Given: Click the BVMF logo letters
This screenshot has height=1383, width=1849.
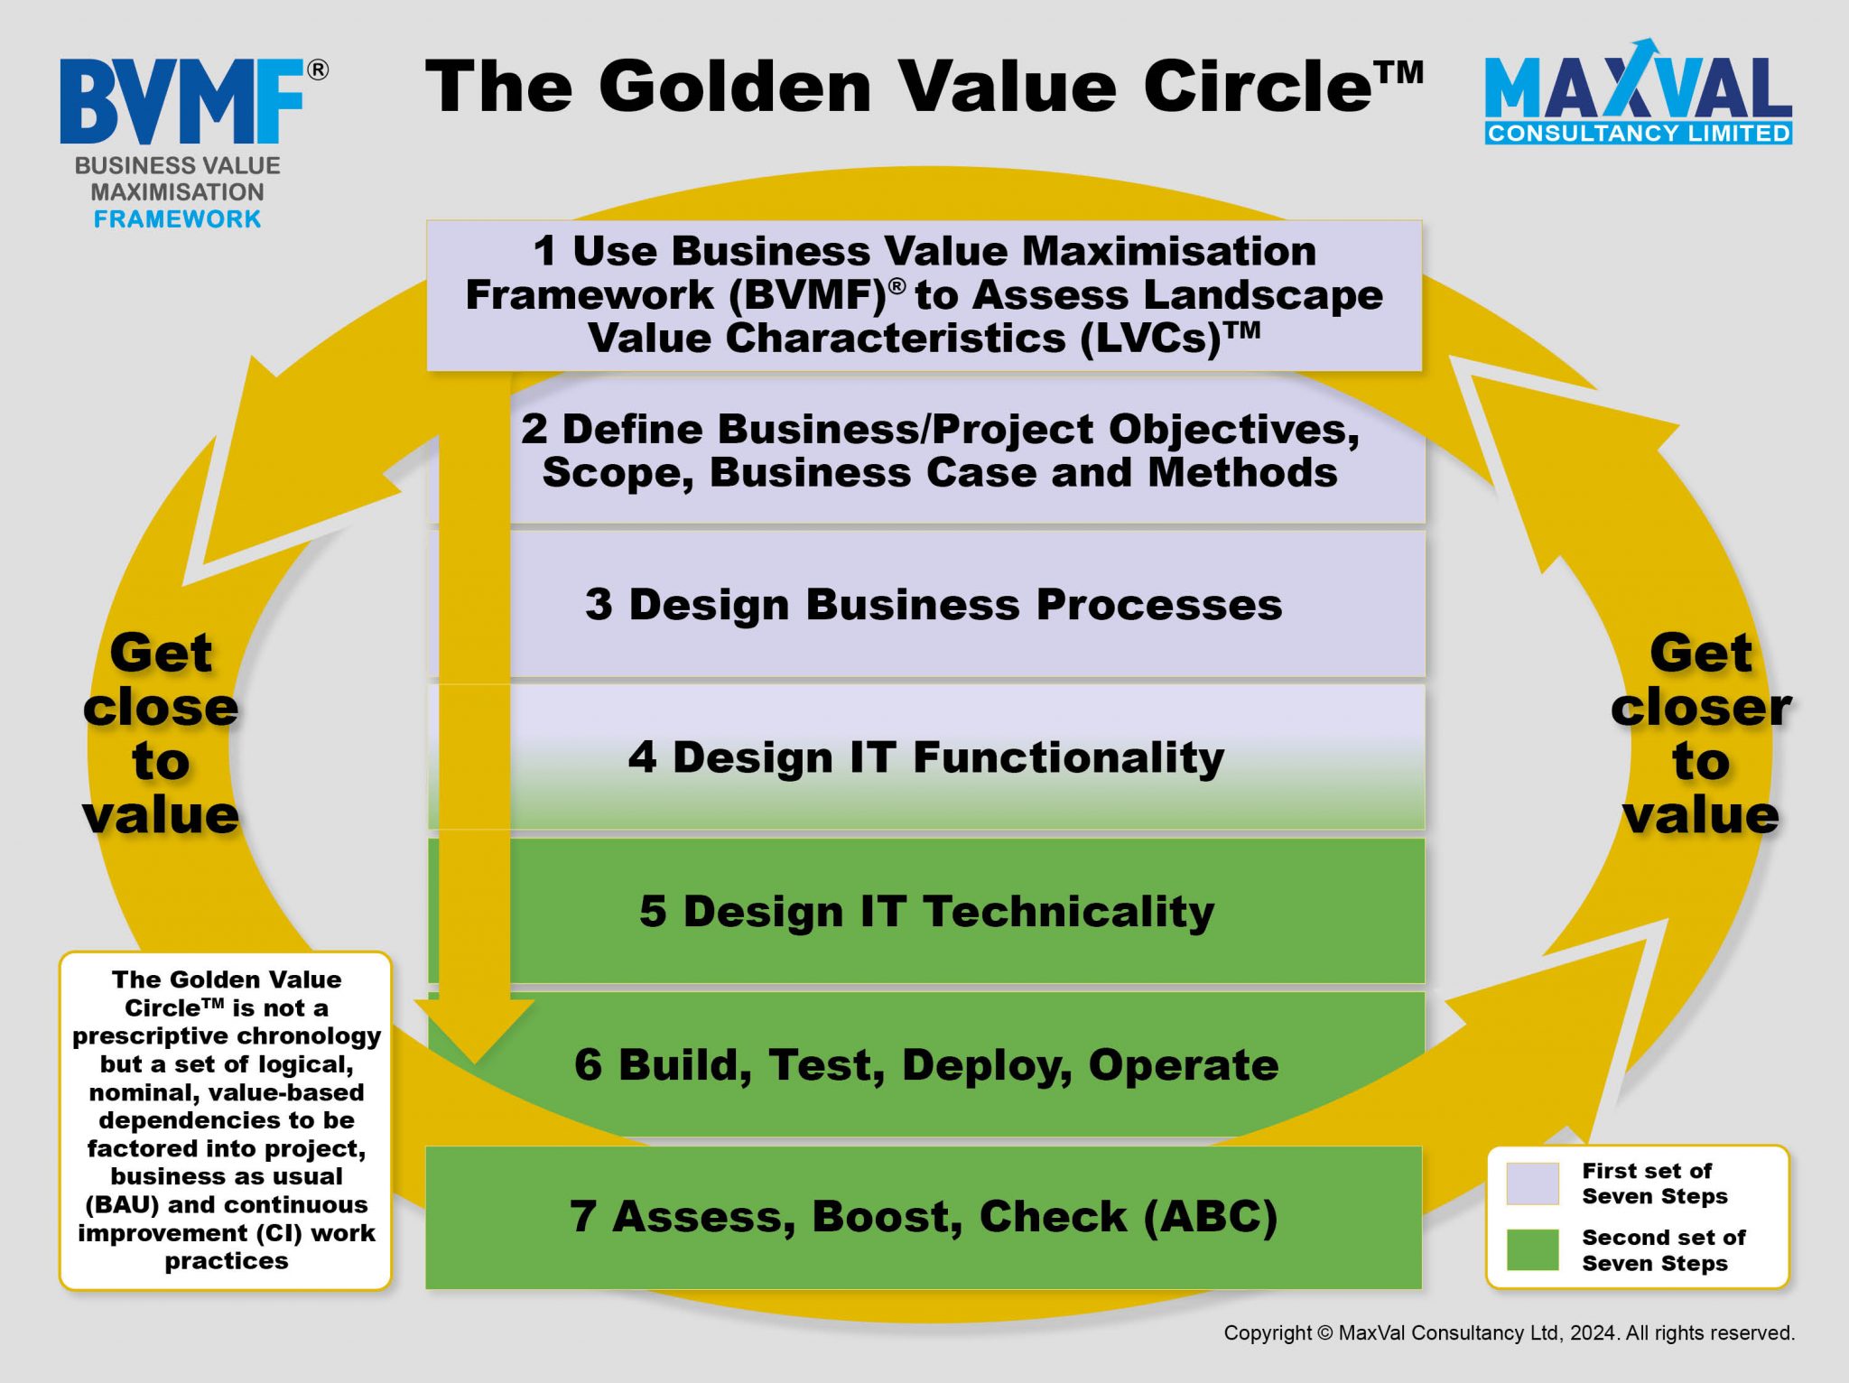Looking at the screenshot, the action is tap(182, 101).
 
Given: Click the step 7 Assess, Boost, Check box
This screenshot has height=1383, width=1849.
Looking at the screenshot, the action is tap(924, 1217).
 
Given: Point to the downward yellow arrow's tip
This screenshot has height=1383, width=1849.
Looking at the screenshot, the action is tap(475, 1063).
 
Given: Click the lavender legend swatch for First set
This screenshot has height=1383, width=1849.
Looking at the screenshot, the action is tap(1532, 1183).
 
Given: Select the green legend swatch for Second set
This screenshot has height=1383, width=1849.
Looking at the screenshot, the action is tap(1532, 1249).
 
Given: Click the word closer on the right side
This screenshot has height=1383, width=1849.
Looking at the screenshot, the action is tap(1701, 707).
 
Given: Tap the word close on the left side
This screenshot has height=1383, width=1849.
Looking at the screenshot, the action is tap(161, 707).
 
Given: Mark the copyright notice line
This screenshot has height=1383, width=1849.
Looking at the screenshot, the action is tap(1509, 1332).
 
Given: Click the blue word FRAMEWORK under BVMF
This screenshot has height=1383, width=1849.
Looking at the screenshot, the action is tap(178, 219).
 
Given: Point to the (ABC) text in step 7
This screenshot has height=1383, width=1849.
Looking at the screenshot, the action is tap(1211, 1217).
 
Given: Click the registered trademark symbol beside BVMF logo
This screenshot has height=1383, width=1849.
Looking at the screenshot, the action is tap(318, 70).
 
